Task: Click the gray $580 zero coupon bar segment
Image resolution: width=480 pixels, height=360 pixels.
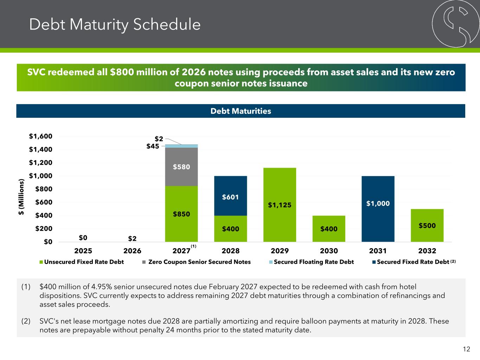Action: [x=181, y=167]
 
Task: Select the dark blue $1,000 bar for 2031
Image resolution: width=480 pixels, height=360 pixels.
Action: [x=378, y=209]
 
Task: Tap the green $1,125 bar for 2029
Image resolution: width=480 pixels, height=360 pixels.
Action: [x=280, y=205]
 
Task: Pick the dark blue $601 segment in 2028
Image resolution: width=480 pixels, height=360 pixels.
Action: [x=230, y=196]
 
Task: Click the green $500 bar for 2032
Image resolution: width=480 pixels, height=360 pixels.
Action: [x=427, y=225]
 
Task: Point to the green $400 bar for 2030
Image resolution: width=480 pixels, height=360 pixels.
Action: [x=329, y=229]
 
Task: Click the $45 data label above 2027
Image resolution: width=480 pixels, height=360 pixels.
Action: [x=153, y=146]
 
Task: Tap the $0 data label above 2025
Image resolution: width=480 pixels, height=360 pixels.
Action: [x=83, y=238]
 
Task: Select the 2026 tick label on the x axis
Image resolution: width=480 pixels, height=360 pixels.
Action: [x=132, y=251]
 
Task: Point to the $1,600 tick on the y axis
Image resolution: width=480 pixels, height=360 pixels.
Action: [x=40, y=136]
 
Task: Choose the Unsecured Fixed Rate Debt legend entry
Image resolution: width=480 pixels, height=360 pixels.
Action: [x=81, y=262]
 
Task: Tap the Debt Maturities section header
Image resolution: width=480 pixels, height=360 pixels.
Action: [x=241, y=111]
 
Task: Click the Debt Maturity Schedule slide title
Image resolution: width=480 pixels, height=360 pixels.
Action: [x=115, y=25]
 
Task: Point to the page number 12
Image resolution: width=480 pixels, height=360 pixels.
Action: [x=466, y=349]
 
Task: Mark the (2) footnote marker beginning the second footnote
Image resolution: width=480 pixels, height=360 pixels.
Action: [x=26, y=321]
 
